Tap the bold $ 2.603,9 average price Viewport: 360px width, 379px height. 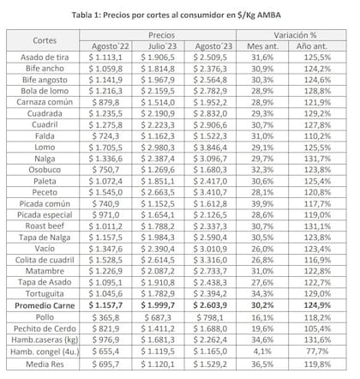(219, 303)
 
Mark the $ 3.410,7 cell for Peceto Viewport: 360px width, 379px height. (219, 191)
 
